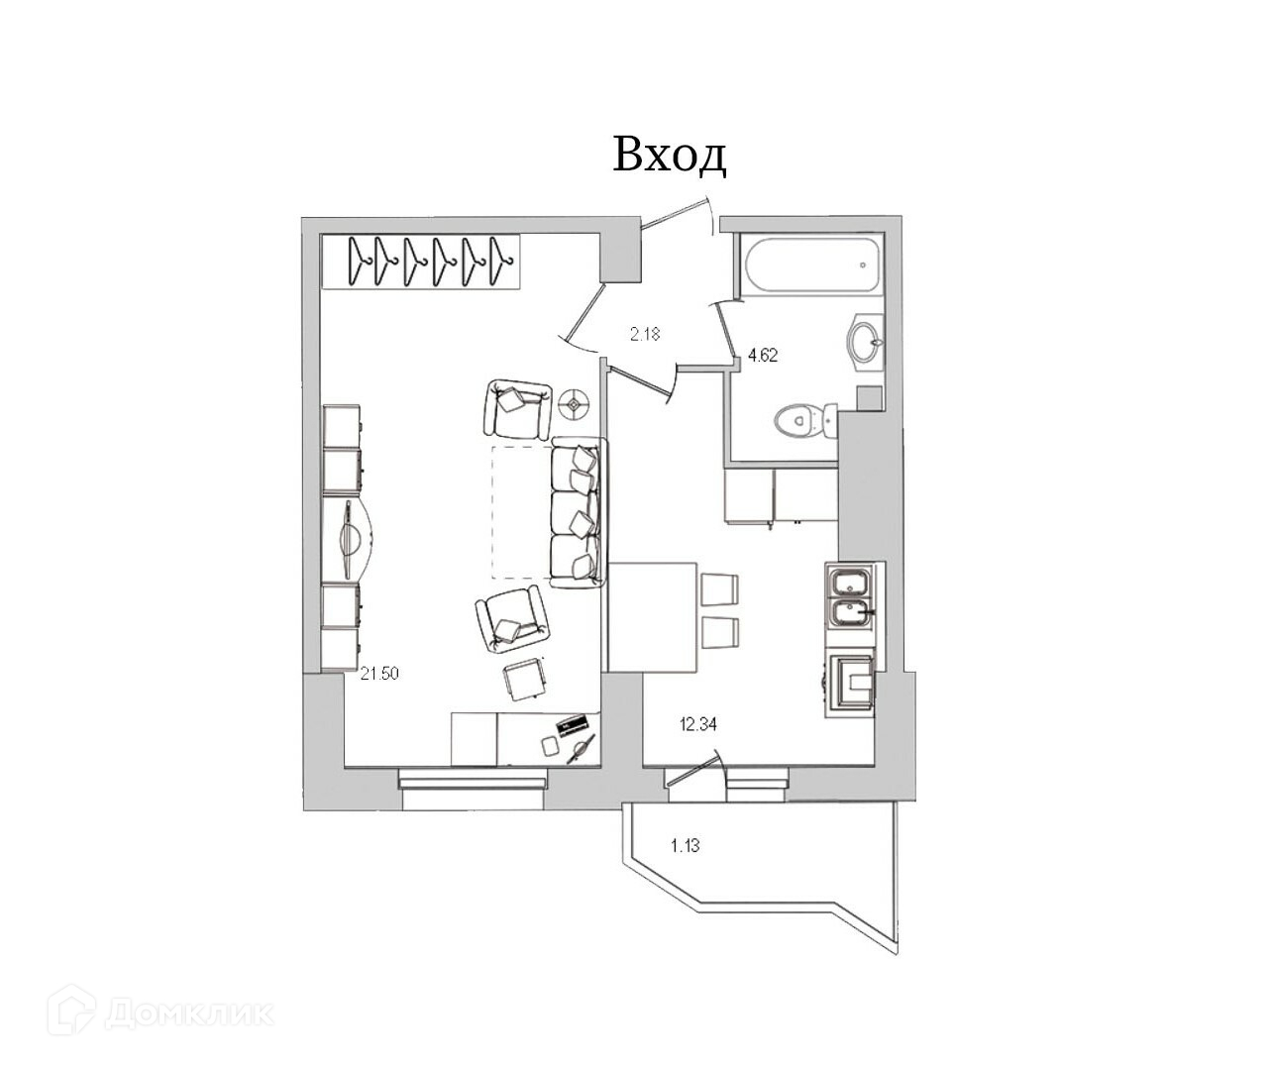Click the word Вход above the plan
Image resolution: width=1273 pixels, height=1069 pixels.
[x=670, y=156]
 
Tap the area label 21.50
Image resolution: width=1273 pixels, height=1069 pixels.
[x=379, y=674]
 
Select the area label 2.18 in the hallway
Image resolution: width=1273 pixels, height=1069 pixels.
[x=645, y=334]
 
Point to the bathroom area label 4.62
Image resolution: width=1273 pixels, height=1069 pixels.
[x=763, y=356]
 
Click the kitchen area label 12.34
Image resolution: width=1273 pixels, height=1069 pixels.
[x=697, y=724]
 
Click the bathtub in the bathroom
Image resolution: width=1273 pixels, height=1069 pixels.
[x=809, y=265]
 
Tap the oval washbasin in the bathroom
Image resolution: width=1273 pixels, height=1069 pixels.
[x=866, y=342]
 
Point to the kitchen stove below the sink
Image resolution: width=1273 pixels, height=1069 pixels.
[x=851, y=684]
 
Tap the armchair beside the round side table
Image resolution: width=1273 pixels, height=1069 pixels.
[x=517, y=407]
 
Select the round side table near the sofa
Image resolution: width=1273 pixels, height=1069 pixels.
[x=575, y=402]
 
